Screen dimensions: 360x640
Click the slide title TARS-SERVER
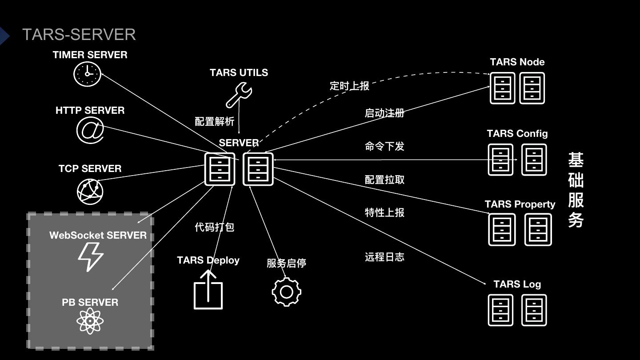pyautogui.click(x=79, y=35)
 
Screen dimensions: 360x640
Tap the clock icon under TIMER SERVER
pyautogui.click(x=87, y=74)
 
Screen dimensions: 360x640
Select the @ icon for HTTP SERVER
pyautogui.click(x=90, y=130)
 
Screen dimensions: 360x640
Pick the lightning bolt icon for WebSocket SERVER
pyautogui.click(x=91, y=257)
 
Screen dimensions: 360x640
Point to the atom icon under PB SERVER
pyautogui.click(x=90, y=321)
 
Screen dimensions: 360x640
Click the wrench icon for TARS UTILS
pyautogui.click(x=239, y=96)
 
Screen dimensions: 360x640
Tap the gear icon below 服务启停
pyautogui.click(x=286, y=292)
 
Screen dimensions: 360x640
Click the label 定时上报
pyautogui.click(x=349, y=86)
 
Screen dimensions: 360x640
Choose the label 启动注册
pyautogui.click(x=384, y=113)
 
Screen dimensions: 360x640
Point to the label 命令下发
pyautogui.click(x=384, y=146)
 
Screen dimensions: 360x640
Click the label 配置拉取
pyautogui.click(x=384, y=180)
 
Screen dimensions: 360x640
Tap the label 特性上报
pyautogui.click(x=384, y=212)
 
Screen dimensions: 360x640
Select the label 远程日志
pyautogui.click(x=384, y=257)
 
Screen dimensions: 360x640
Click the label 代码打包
pyautogui.click(x=214, y=227)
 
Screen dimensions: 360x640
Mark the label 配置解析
pyautogui.click(x=214, y=121)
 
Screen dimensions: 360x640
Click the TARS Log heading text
pyautogui.click(x=517, y=284)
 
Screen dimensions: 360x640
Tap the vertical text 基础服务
pyautogui.click(x=576, y=190)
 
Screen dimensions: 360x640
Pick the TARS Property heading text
pyautogui.click(x=520, y=204)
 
